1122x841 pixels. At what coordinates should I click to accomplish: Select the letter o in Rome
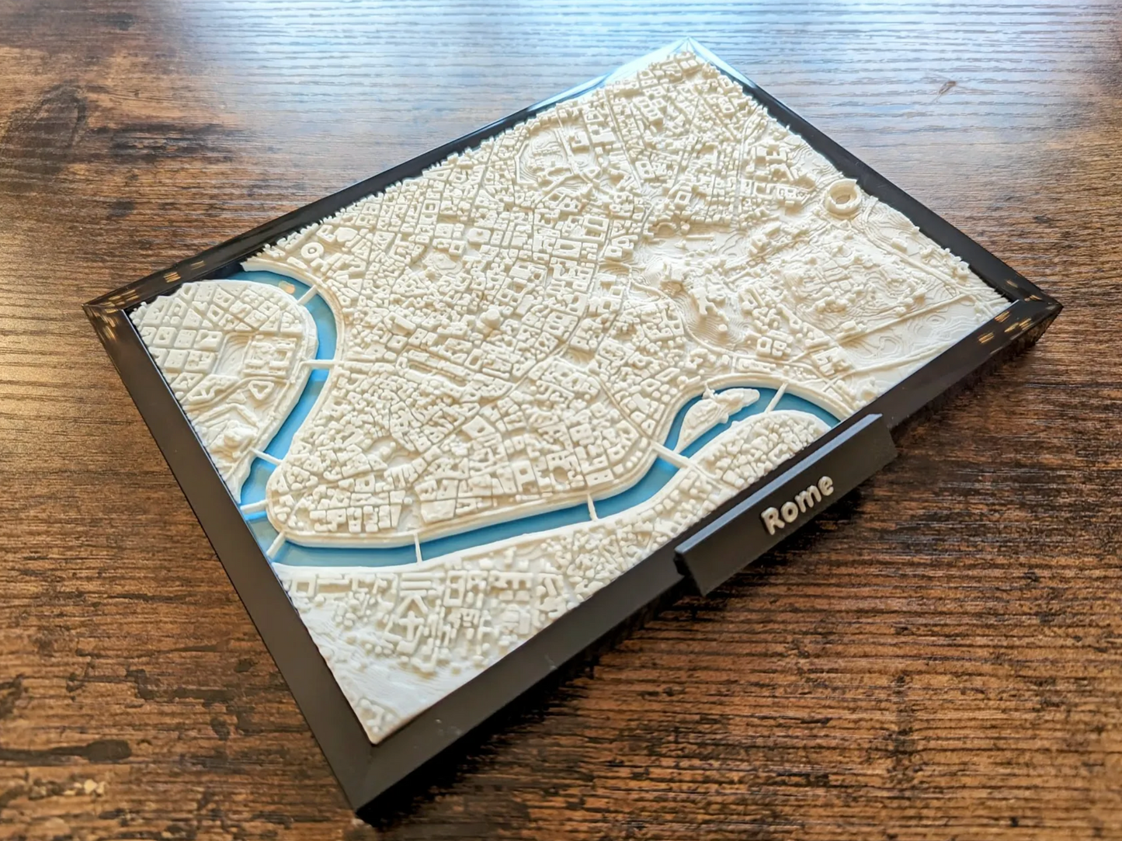tap(791, 509)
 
